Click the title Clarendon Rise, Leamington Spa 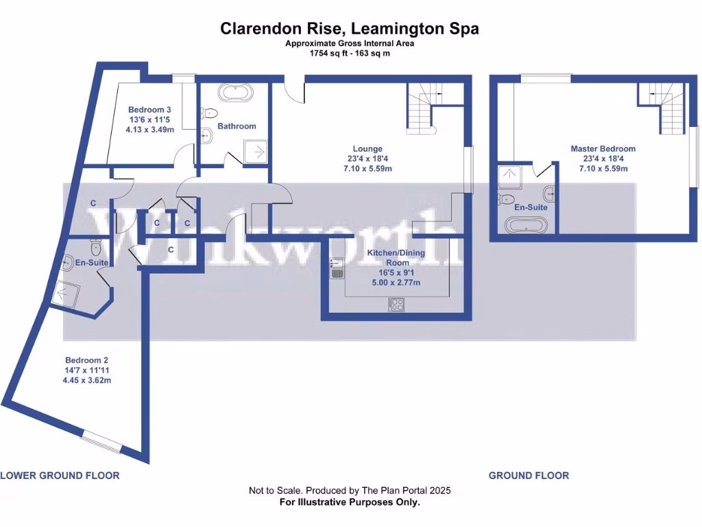coord(350,28)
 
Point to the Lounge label coord(367,149)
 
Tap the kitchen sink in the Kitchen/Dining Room coord(336,267)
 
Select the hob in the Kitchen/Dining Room coord(396,304)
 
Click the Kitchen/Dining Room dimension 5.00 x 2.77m coord(396,282)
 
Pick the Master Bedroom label coord(603,149)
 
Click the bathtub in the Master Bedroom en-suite coord(526,224)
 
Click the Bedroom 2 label coord(86,360)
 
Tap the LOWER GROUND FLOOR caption coord(60,476)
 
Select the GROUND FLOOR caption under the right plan coord(528,476)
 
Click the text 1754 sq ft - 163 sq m coord(350,53)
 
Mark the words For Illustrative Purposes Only coord(350,502)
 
